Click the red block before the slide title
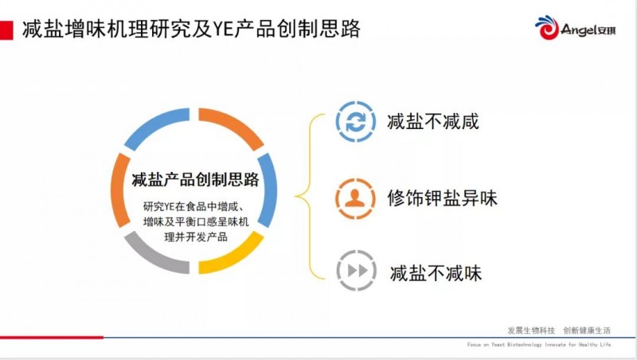point(7,30)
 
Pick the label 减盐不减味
point(436,272)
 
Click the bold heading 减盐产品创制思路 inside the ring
point(195,178)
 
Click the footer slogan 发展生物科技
point(531,330)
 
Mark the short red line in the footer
point(52,337)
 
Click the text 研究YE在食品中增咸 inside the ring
point(193,205)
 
